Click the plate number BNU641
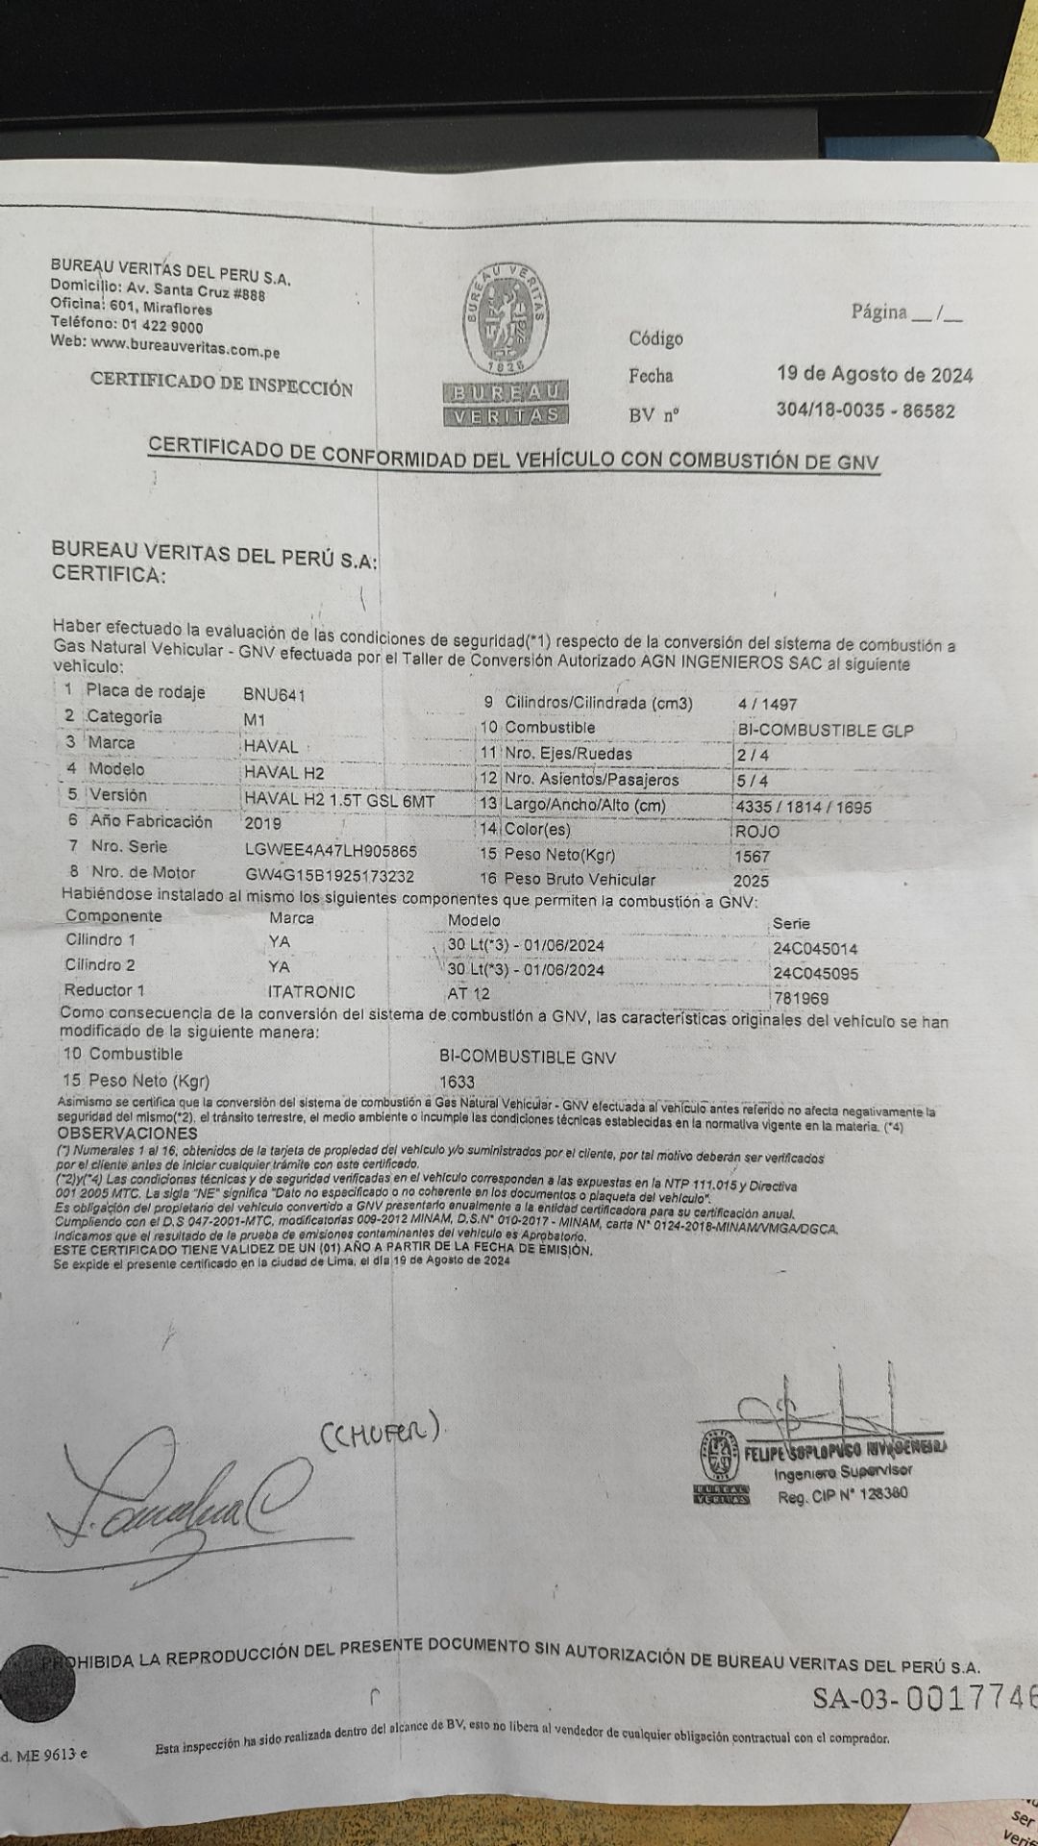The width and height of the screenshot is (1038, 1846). (274, 694)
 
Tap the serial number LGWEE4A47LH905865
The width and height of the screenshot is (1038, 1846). (331, 851)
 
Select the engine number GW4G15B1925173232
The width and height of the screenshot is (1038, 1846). (330, 876)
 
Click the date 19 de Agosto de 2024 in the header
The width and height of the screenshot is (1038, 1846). (875, 375)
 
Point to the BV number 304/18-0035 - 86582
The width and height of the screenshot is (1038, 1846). (865, 411)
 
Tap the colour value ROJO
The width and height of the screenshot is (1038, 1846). (756, 831)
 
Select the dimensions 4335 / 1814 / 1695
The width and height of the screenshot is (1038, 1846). (802, 807)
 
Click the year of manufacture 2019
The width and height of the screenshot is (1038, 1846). (262, 824)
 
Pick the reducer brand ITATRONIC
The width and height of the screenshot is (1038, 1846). (311, 992)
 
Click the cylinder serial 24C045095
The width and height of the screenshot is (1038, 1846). (815, 973)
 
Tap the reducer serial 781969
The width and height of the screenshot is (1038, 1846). (800, 999)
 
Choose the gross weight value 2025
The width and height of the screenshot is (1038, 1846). (751, 881)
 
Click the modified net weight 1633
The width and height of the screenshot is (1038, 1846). (456, 1082)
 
